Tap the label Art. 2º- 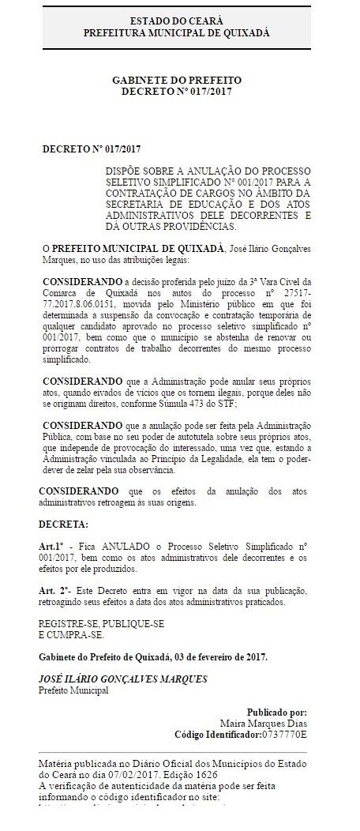click(56, 591)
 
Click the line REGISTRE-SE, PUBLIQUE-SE click(102, 623)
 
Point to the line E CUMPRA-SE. click(71, 634)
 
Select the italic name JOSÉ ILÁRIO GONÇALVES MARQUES click(123, 679)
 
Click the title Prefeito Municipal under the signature click(73, 690)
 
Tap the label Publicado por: click(277, 711)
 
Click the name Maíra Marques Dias click(264, 723)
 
